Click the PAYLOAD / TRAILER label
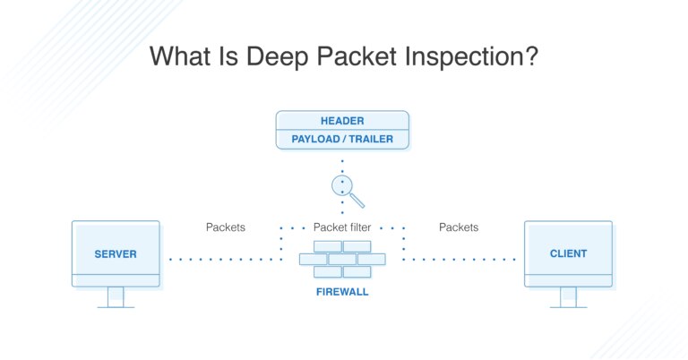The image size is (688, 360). (341, 139)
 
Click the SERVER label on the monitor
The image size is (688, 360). (116, 254)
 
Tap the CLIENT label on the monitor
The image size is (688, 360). (568, 254)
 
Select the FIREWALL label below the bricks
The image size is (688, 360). (342, 292)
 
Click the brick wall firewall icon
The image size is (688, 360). (342, 259)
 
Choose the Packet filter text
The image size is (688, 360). (343, 227)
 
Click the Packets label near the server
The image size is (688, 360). (226, 227)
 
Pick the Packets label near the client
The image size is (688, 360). (459, 227)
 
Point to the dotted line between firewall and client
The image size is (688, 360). (459, 260)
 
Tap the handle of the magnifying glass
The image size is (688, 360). (357, 200)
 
